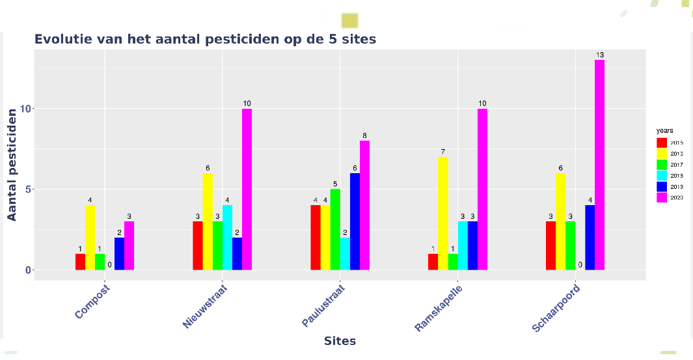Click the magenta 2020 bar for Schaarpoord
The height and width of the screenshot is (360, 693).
pyautogui.click(x=599, y=165)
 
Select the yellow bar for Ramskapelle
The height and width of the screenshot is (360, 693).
pyautogui.click(x=442, y=214)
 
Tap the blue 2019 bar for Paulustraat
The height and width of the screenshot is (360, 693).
pyautogui.click(x=355, y=221)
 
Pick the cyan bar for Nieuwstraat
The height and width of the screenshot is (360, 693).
pyautogui.click(x=227, y=238)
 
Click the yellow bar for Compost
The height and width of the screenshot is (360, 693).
pyautogui.click(x=90, y=238)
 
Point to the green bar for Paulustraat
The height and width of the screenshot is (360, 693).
pyautogui.click(x=335, y=229)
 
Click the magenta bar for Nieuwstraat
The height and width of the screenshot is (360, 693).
pyautogui.click(x=247, y=189)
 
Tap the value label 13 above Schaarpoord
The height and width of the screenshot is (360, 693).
pyautogui.click(x=599, y=55)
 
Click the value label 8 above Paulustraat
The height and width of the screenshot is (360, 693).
pyautogui.click(x=364, y=135)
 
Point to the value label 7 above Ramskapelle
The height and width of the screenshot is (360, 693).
pyautogui.click(x=442, y=152)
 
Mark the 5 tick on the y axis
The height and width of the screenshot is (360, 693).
pyautogui.click(x=27, y=189)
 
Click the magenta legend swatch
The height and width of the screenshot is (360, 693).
pyautogui.click(x=661, y=197)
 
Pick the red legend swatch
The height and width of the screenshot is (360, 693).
pyautogui.click(x=661, y=142)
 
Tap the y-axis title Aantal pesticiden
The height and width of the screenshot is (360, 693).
pyautogui.click(x=12, y=164)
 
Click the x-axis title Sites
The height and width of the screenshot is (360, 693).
pyautogui.click(x=340, y=340)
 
